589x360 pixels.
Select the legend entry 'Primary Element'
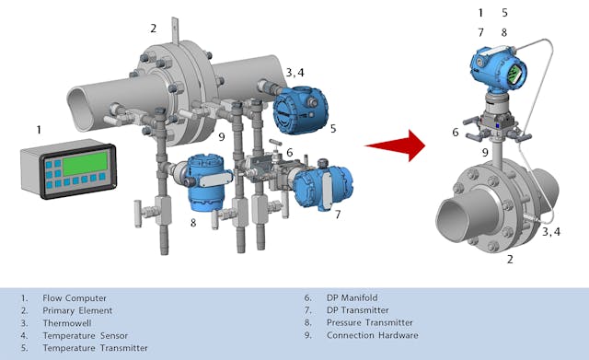[x=79, y=311]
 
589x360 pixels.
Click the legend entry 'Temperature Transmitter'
[x=95, y=348]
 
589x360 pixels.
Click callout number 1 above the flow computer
[x=39, y=130]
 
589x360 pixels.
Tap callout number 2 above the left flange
[x=154, y=29]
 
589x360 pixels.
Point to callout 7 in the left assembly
[x=337, y=215]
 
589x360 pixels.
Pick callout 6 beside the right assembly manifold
[x=455, y=133]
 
